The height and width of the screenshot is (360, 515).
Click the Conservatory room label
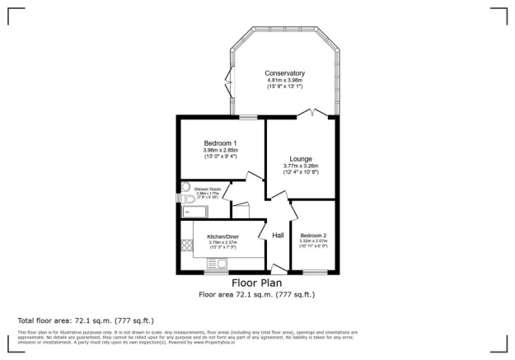284,72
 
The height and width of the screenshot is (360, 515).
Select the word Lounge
300,159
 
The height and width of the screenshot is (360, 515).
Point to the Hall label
279,236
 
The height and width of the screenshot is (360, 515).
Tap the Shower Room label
208,189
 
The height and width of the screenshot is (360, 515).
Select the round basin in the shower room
185,186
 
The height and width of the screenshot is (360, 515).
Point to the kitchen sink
221,264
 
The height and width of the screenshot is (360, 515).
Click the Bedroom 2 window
313,273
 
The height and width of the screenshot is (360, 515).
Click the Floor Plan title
257,283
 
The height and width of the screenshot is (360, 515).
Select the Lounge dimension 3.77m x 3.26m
300,167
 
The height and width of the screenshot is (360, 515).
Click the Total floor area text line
86,320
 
